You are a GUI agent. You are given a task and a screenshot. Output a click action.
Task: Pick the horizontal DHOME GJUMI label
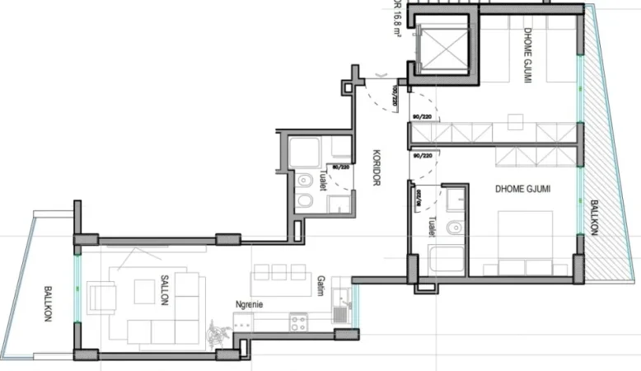(x=522, y=189)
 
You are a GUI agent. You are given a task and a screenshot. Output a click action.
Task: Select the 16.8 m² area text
(x=398, y=18)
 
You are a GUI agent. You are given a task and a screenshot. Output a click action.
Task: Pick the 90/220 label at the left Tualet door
(x=339, y=166)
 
